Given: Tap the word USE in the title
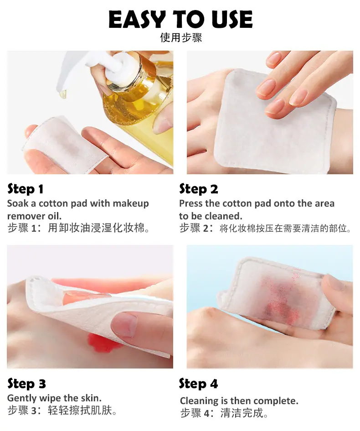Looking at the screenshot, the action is click(x=232, y=19).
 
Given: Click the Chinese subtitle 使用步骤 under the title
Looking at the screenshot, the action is click(x=181, y=38).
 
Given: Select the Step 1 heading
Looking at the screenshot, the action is click(x=25, y=189).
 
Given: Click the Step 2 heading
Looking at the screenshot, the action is click(x=199, y=189).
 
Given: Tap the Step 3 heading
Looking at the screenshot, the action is click(x=26, y=384).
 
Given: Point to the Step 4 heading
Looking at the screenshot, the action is click(x=198, y=384).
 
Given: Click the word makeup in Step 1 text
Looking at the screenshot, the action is click(x=131, y=204).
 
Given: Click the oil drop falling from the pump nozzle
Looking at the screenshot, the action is click(x=63, y=94).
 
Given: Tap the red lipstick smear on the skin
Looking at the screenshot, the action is click(x=102, y=343).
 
